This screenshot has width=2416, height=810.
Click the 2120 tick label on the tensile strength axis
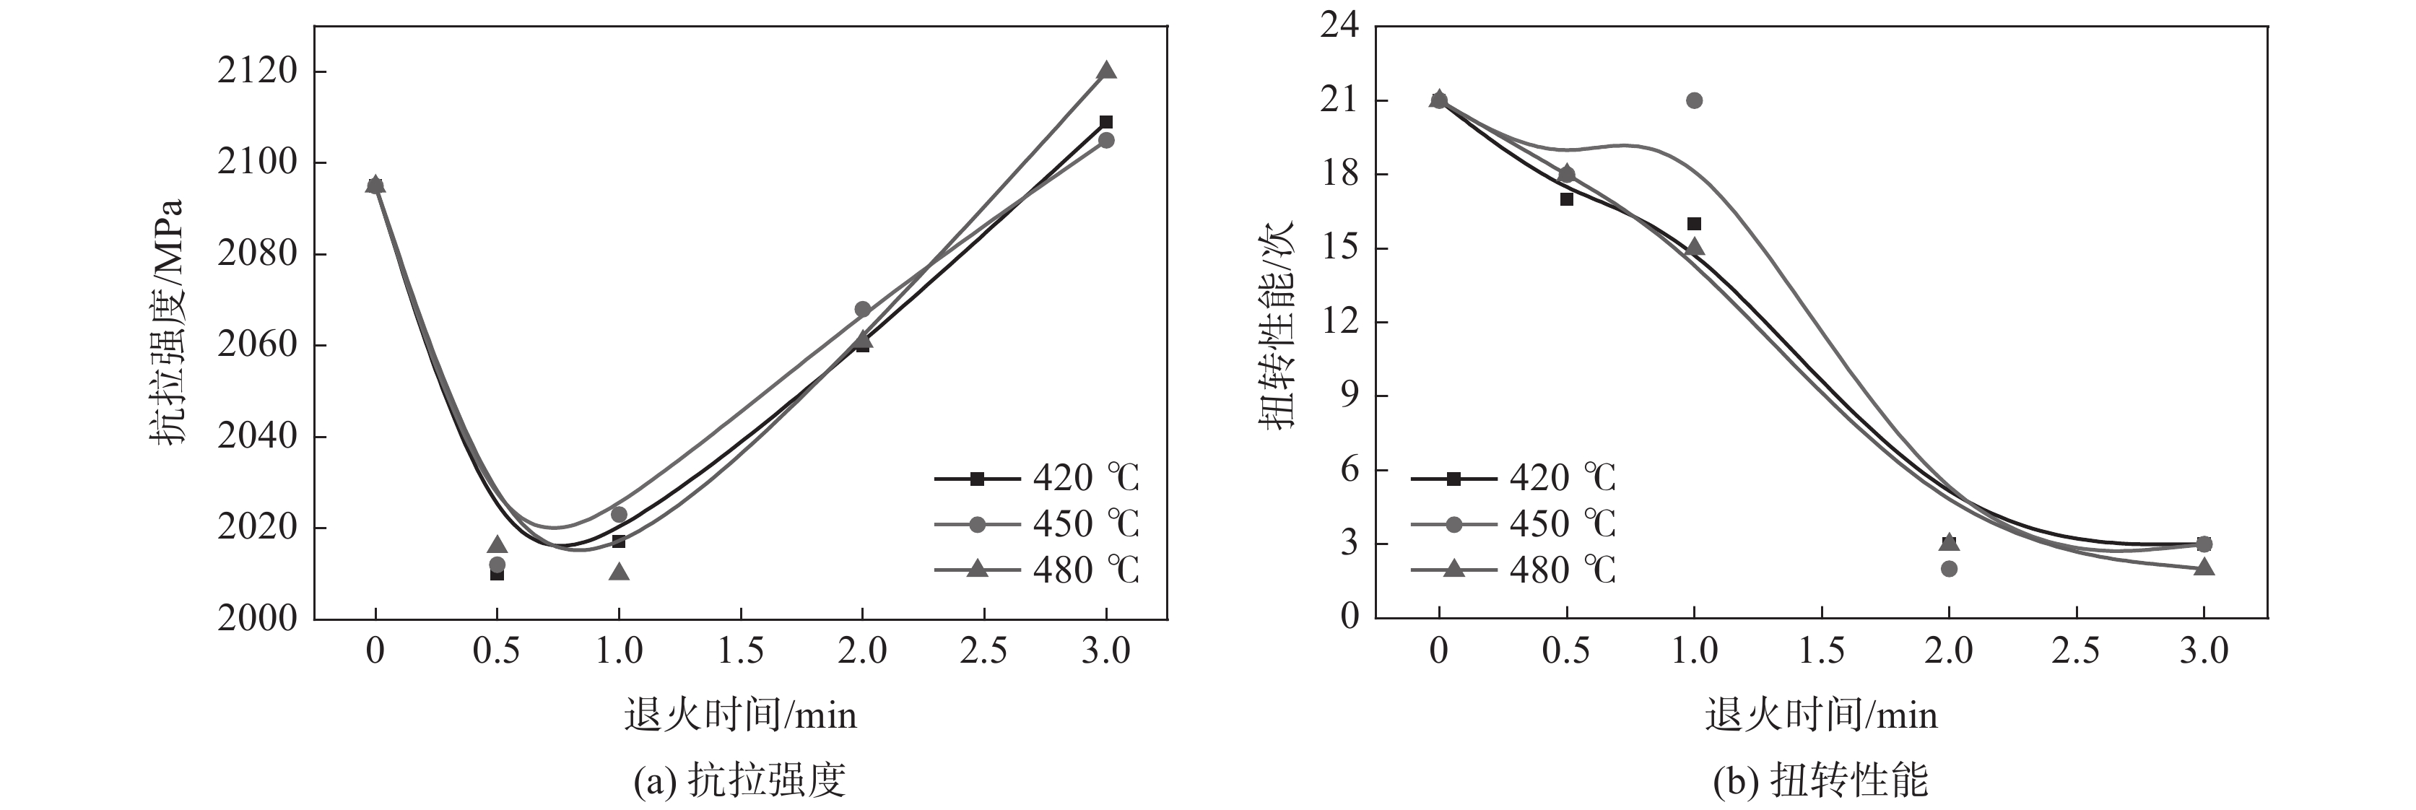[257, 71]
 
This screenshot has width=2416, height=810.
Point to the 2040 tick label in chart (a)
[257, 436]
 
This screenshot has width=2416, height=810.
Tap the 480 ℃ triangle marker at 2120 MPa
[1105, 70]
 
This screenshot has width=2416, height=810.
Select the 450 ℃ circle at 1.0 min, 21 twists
[1694, 100]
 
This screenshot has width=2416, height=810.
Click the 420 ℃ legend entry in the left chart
[1036, 478]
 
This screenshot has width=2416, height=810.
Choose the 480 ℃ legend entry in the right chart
[1513, 569]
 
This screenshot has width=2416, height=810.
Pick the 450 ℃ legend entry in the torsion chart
[1513, 523]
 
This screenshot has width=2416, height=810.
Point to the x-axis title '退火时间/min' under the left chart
[740, 715]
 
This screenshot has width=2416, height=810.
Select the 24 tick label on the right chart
[1339, 25]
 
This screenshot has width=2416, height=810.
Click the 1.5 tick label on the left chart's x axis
[740, 650]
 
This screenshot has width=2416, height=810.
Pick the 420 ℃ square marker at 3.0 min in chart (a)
[1105, 122]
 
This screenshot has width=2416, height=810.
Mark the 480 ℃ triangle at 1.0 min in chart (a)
[619, 572]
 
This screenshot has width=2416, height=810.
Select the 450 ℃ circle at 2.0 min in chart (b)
[1949, 568]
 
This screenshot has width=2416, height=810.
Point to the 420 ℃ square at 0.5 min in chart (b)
[1566, 199]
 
